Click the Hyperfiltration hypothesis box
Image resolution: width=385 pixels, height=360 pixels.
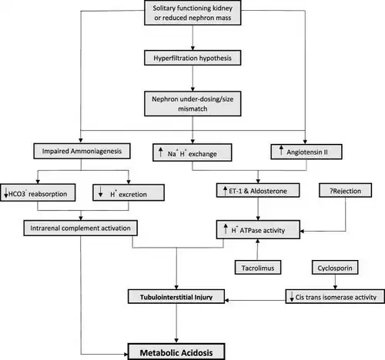coord(192,58)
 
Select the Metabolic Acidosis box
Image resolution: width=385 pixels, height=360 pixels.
coord(176,352)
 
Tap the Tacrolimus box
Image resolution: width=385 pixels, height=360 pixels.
coord(258,268)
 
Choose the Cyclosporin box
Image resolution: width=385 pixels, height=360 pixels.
coord(335,268)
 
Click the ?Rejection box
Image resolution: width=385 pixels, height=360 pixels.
coord(345,190)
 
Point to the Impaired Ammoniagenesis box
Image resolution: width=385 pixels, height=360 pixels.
coord(82,151)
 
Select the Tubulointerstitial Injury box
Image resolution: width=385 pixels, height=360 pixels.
coord(176,297)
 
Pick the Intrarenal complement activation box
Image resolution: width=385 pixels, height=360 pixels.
coord(80,228)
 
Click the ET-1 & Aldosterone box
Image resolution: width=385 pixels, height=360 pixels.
coord(258,190)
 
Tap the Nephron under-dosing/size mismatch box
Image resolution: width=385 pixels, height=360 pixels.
coord(192,104)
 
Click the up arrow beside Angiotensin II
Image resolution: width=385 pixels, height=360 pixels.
coord(281,150)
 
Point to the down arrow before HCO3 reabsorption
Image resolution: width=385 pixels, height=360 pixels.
coord(6,193)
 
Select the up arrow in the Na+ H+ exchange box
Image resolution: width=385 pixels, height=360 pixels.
coord(161,152)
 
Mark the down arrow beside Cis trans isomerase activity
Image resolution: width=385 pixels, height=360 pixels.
coord(292,296)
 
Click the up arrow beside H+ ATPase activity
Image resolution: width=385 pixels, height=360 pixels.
coord(226,228)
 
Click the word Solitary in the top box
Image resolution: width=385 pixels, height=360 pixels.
coord(162,8)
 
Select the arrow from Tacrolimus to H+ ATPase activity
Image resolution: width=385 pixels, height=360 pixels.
coord(257,249)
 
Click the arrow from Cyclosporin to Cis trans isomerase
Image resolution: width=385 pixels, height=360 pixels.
coord(335,282)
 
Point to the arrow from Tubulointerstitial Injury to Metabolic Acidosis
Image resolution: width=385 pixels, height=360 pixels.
coord(176,323)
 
